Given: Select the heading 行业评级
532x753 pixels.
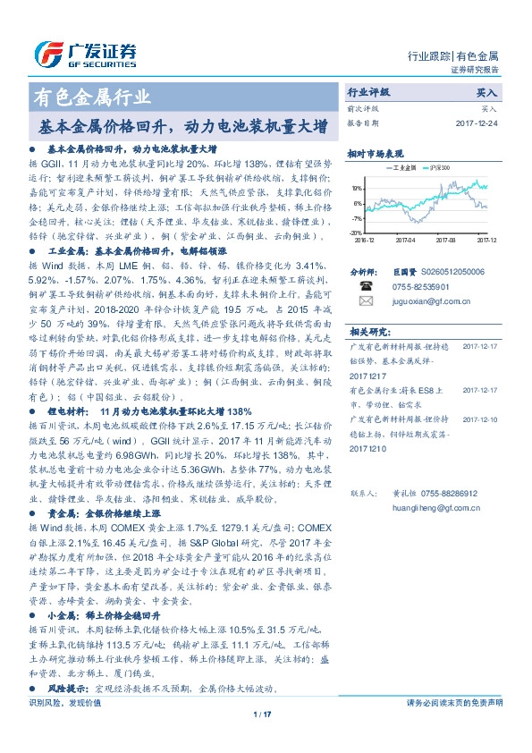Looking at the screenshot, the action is point(368,92).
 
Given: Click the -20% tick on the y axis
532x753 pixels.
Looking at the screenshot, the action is point(356,232).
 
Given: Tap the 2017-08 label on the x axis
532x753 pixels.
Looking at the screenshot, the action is point(445,240).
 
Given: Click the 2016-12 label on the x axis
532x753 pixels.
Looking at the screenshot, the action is point(365,240).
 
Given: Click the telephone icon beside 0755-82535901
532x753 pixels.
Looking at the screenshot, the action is point(365,285).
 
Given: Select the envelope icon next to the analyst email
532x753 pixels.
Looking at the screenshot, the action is point(365,301).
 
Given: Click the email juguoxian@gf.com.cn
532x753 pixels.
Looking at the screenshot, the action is point(424,302).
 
